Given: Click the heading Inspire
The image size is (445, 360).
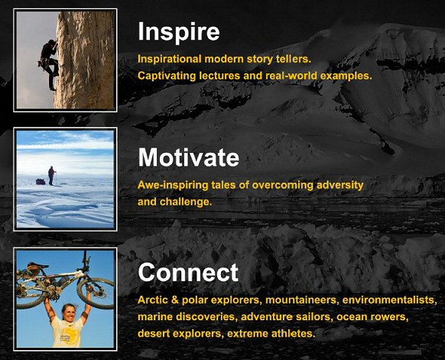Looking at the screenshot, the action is click(179, 32).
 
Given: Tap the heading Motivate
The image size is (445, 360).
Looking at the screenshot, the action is click(188, 157).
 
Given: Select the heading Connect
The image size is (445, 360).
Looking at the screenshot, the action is click(188, 272).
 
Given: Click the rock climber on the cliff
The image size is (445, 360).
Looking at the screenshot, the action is click(49, 65).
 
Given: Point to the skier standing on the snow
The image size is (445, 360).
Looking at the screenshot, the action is click(51, 176).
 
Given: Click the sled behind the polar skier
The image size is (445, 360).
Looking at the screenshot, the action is click(40, 182).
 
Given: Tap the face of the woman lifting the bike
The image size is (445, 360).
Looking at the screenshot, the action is click(69, 313).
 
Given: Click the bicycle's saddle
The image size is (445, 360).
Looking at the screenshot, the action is click(37, 266).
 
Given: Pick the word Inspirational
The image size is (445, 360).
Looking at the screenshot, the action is click(170, 59).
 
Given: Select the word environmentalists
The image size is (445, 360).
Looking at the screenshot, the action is click(389, 300).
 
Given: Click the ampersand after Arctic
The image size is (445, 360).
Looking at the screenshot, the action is click(175, 300).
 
